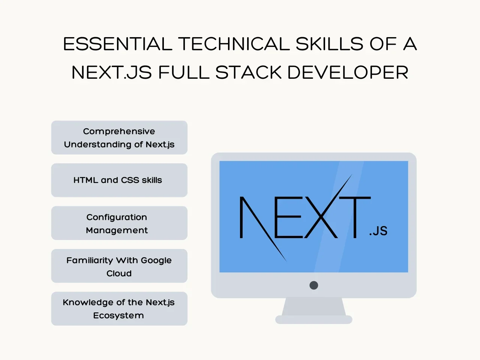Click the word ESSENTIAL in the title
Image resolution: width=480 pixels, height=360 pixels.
point(118,44)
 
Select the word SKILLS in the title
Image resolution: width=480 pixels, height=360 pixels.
point(330,44)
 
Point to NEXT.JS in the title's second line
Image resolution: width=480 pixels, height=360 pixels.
point(111,72)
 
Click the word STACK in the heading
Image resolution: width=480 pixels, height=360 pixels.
point(248,72)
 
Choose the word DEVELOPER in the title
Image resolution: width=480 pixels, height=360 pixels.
point(348,72)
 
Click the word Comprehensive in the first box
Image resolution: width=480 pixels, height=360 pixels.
point(119,132)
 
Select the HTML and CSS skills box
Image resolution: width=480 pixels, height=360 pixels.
point(119,180)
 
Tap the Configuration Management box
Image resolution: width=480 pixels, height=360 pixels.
point(119,223)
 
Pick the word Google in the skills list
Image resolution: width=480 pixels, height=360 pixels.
point(156,261)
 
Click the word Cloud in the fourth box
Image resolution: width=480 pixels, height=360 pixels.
point(119,273)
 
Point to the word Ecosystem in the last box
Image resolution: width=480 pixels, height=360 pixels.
point(118,316)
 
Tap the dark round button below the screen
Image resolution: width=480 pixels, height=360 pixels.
point(313,285)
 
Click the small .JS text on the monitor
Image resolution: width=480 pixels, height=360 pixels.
point(378,231)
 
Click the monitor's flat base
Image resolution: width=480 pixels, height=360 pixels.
point(313,319)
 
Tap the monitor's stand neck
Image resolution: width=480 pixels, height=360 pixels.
point(313,307)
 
